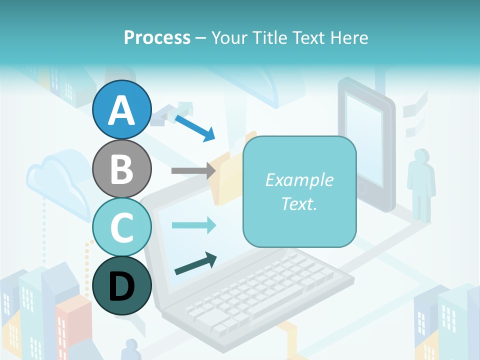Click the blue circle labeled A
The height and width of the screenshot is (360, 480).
122,109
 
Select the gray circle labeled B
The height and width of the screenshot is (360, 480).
122,168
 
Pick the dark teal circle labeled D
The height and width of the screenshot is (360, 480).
122,285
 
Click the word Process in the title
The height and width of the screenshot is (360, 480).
157,37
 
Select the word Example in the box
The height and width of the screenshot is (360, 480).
299,180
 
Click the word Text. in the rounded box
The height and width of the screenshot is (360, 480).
299,203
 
